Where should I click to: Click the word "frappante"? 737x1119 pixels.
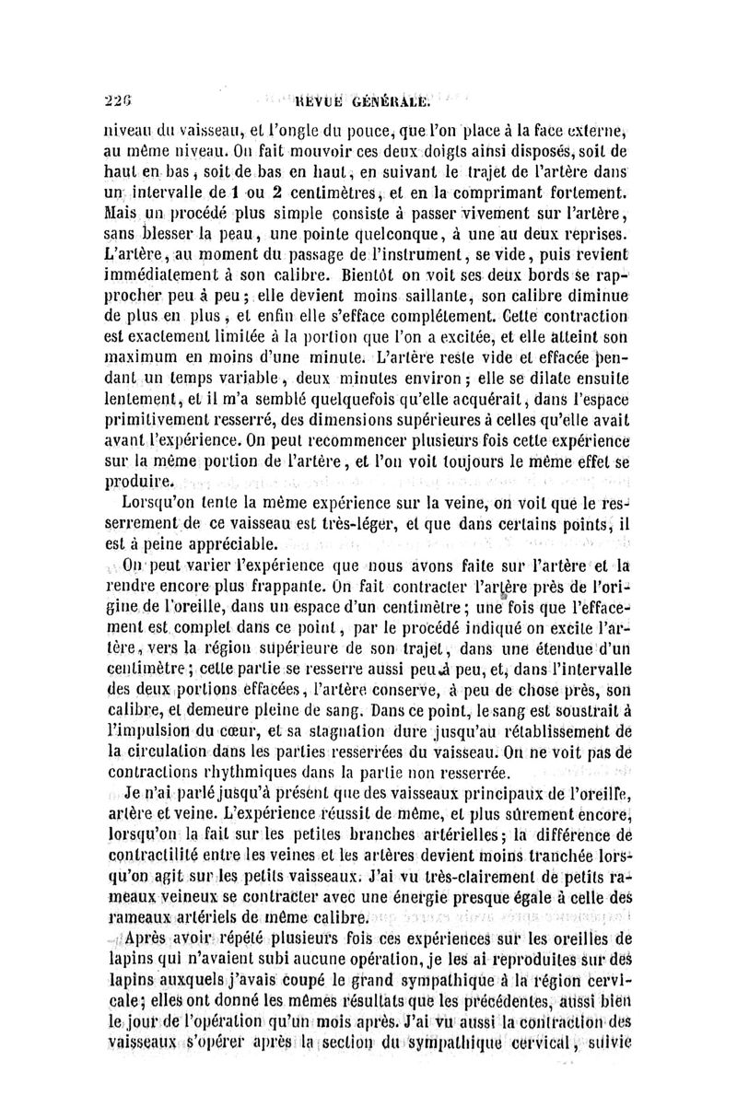pos(270,587)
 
